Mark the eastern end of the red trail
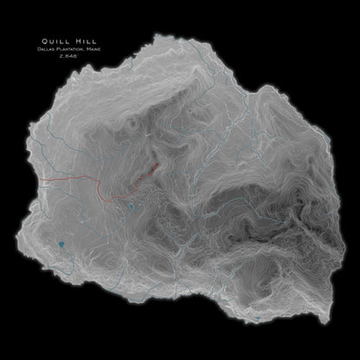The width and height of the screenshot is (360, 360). pos(158,165)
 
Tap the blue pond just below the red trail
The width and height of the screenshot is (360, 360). pos(129,210)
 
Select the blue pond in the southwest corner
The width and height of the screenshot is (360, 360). pos(61,246)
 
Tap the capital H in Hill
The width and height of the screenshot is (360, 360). pos(65,39)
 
